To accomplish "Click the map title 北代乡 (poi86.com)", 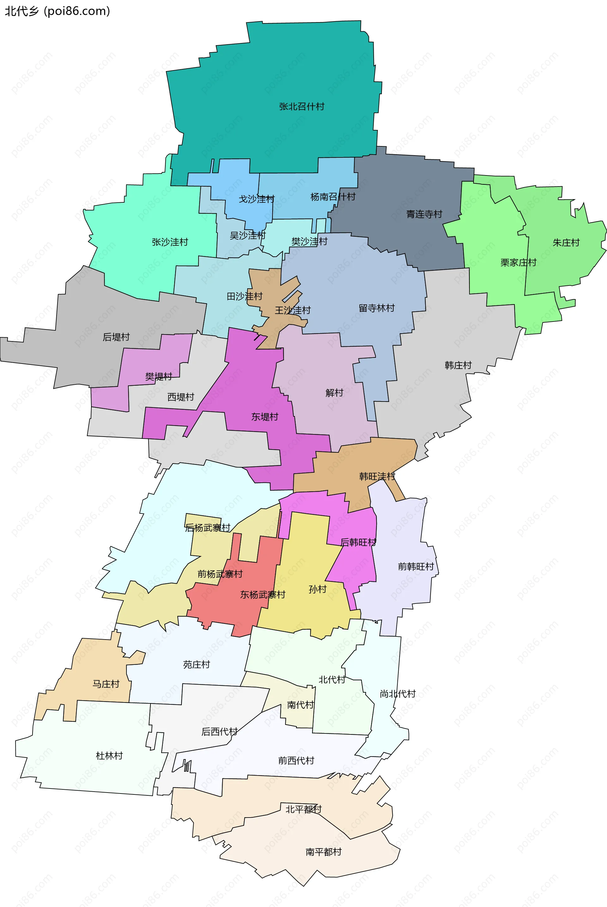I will click(57, 11).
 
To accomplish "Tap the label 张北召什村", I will click(302, 107).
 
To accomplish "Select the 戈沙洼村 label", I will click(256, 199).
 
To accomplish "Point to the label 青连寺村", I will click(424, 214).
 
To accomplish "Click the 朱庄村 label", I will click(566, 243).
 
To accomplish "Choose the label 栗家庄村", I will click(518, 262).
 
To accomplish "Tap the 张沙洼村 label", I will click(170, 242).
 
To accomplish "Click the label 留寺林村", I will click(376, 308).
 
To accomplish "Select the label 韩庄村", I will click(458, 365).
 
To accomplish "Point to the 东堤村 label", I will click(265, 417).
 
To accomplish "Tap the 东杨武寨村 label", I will click(262, 595).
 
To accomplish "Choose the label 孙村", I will click(317, 589).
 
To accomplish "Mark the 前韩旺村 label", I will click(416, 567).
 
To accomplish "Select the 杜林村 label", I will click(109, 756).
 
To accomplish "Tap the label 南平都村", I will click(323, 852).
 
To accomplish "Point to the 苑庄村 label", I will click(196, 665).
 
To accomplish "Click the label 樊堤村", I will click(159, 376).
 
